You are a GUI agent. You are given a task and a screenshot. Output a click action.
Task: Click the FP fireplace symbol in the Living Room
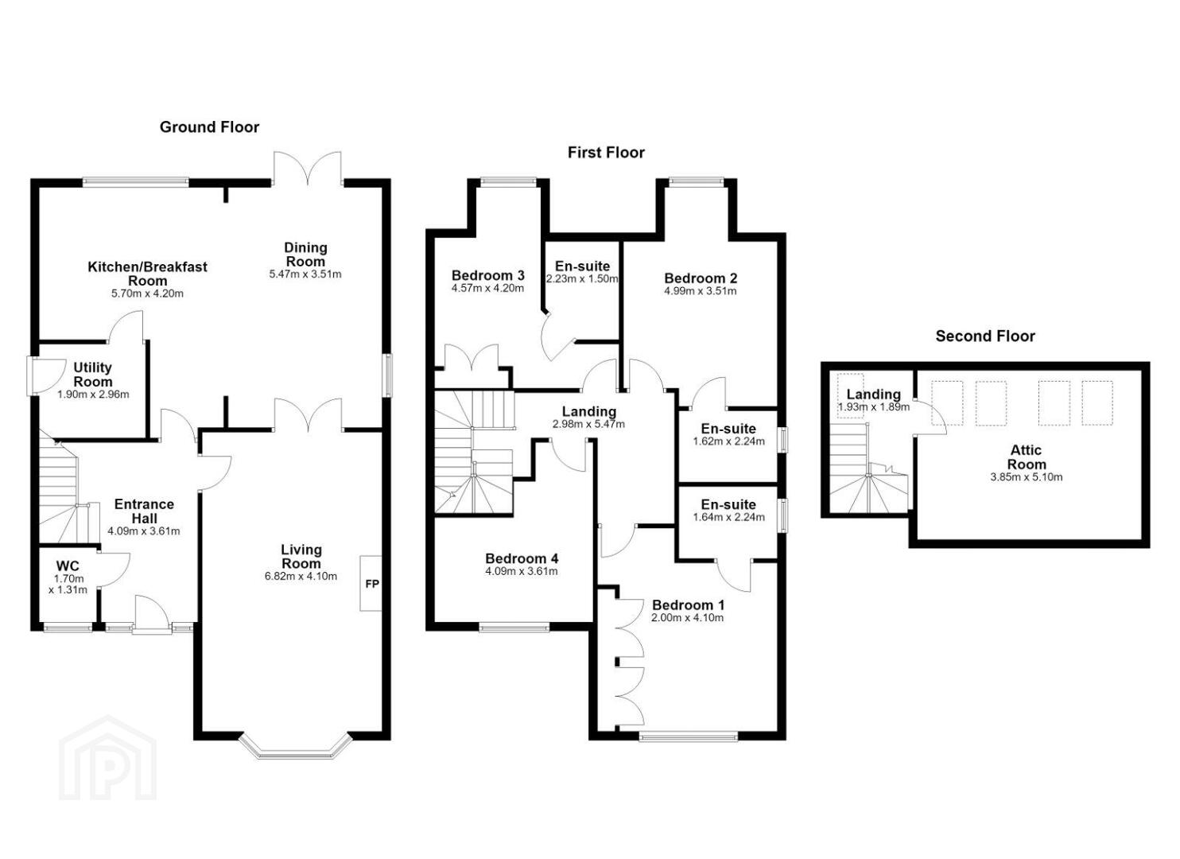tap(371, 584)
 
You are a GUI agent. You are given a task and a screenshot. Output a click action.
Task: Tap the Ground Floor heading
tap(209, 127)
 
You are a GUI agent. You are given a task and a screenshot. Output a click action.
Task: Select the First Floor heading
tap(606, 153)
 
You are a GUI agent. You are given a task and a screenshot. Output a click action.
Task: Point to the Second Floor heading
tap(985, 336)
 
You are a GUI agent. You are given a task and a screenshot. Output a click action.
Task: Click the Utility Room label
tap(93, 374)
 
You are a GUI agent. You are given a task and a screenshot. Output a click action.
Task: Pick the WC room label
tap(68, 566)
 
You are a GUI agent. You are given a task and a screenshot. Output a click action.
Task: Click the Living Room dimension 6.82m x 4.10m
tap(301, 577)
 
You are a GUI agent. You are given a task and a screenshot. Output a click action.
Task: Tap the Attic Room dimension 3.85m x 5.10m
tap(1027, 477)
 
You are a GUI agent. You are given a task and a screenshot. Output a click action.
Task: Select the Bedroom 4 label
tap(522, 558)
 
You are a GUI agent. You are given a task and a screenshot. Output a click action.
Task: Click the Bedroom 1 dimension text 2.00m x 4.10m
tap(688, 618)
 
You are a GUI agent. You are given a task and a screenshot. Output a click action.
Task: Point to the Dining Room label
tap(305, 255)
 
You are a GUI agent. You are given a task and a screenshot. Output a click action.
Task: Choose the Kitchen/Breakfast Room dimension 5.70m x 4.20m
tap(148, 293)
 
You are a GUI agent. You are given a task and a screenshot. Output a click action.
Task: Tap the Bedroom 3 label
tap(487, 276)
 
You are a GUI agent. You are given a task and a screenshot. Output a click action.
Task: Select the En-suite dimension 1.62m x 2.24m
tap(728, 441)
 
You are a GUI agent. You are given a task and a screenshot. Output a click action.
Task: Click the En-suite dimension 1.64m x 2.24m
tap(728, 518)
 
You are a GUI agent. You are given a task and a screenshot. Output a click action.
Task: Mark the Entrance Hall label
tap(145, 511)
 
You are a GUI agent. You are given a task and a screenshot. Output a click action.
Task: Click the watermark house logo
tap(107, 758)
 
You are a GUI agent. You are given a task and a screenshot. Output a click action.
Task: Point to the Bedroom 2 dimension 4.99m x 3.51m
tap(701, 291)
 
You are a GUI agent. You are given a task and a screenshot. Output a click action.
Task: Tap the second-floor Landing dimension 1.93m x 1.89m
tap(873, 407)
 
